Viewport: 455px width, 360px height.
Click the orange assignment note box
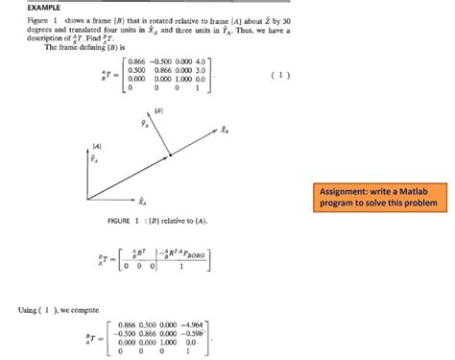(377, 197)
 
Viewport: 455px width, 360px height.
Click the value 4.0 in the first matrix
(199, 61)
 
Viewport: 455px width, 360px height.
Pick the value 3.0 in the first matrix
(199, 70)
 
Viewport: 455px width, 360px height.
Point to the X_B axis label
(224, 129)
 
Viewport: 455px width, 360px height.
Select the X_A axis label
(141, 203)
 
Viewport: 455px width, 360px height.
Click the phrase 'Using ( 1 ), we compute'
(48, 308)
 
